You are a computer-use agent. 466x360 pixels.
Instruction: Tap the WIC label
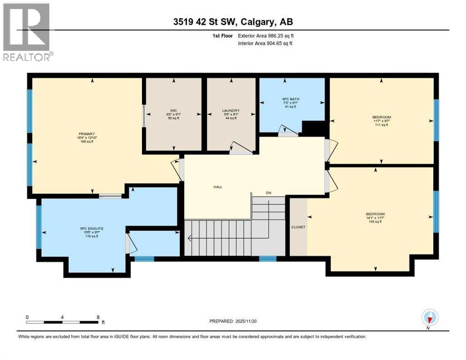click(x=173, y=111)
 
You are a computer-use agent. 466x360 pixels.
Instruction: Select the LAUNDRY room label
click(x=231, y=111)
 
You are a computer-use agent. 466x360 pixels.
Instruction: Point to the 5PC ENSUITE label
click(x=92, y=228)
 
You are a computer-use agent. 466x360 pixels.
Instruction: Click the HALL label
click(x=218, y=187)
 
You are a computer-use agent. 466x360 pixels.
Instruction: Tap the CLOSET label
click(x=298, y=227)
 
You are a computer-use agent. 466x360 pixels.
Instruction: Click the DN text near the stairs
click(x=268, y=193)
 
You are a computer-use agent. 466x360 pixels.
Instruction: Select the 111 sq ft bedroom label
click(x=381, y=117)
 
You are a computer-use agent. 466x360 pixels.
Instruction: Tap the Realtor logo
click(x=27, y=32)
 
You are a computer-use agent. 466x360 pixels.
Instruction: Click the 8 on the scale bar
click(x=98, y=317)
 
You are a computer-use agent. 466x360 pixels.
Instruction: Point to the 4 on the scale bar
click(x=62, y=317)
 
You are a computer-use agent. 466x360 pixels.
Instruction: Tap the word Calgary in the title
click(x=266, y=21)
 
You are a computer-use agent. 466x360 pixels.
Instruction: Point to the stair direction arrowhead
click(x=189, y=238)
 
